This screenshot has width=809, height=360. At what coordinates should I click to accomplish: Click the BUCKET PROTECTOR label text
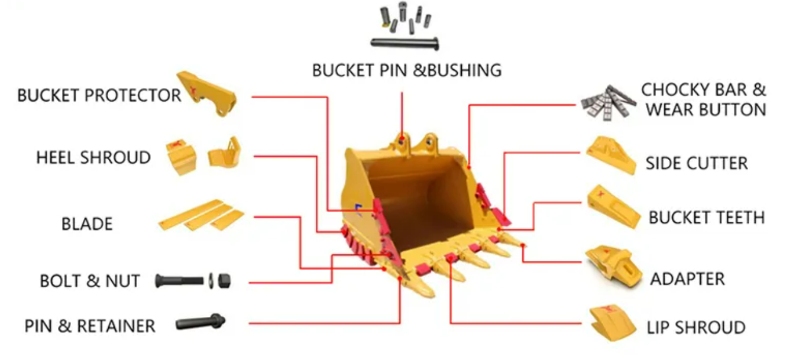(99, 95)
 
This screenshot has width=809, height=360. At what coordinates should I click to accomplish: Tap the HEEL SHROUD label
(93, 157)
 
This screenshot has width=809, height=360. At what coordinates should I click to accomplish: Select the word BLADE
(87, 224)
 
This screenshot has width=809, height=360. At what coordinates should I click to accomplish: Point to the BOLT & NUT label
(90, 281)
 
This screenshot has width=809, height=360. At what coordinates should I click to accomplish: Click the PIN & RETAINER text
(90, 326)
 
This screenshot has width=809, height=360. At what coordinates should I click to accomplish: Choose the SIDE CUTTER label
(697, 163)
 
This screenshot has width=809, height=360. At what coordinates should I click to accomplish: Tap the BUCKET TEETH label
(707, 218)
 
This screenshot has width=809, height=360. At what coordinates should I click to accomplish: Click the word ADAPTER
(688, 279)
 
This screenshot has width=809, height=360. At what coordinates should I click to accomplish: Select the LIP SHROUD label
(696, 327)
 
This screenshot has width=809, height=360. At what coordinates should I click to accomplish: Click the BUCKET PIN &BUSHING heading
(407, 70)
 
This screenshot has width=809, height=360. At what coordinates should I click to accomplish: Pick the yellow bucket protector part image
(207, 93)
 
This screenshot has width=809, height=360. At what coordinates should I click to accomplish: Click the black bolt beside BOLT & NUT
(180, 281)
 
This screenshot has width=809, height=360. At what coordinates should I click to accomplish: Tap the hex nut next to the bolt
(224, 281)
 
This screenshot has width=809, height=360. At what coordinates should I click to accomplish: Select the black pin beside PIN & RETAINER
(201, 322)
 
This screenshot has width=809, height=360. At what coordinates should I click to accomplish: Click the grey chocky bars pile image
(608, 102)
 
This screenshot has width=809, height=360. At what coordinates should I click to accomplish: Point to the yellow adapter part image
(614, 267)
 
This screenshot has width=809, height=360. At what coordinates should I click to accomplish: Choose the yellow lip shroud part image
(612, 323)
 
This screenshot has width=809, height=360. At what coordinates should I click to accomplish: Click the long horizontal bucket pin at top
(405, 43)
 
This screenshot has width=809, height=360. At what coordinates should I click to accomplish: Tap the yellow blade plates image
(201, 215)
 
